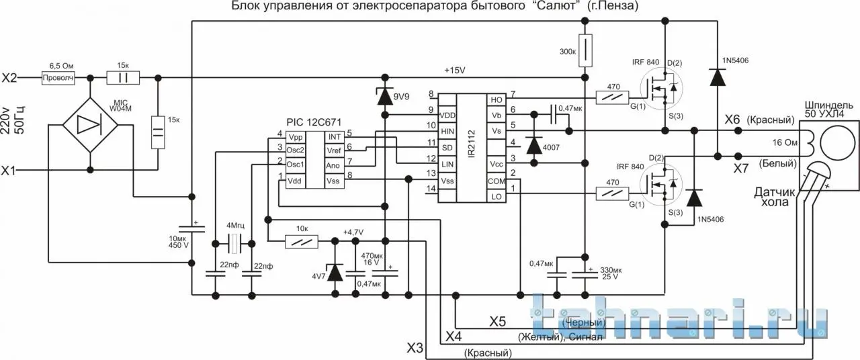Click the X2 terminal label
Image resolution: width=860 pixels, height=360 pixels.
tap(9, 78)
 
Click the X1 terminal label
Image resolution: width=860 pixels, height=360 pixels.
tap(9, 171)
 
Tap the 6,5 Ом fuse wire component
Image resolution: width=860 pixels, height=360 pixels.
tap(57, 78)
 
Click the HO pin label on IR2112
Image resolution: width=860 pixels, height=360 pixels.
tap(497, 100)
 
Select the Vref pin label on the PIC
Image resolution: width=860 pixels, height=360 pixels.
tap(335, 151)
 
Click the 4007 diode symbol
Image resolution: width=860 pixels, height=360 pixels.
tap(535, 144)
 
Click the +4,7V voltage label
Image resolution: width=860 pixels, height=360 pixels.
tap(353, 232)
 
